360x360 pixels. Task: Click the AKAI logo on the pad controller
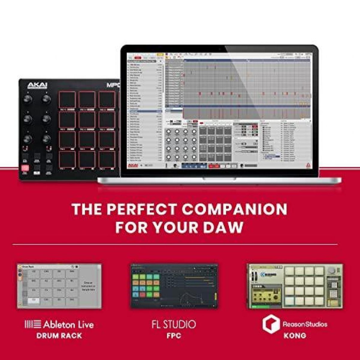coord(37,86)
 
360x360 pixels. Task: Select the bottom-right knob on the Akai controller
coord(46,139)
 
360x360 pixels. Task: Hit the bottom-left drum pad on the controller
coord(67,159)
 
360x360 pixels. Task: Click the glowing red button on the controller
coord(25,168)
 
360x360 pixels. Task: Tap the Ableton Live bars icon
coord(33,324)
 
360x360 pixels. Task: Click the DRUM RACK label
coord(59,336)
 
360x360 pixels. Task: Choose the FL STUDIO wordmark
coord(174,324)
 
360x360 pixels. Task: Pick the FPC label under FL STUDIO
coord(174,336)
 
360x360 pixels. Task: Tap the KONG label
coord(295,336)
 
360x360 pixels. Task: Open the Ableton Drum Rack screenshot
coord(59,286)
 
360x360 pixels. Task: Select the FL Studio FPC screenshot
coord(174,286)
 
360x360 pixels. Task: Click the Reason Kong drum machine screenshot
coord(295,286)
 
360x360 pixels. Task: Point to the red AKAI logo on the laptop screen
coord(133,166)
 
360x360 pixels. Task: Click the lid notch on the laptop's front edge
coord(219,179)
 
